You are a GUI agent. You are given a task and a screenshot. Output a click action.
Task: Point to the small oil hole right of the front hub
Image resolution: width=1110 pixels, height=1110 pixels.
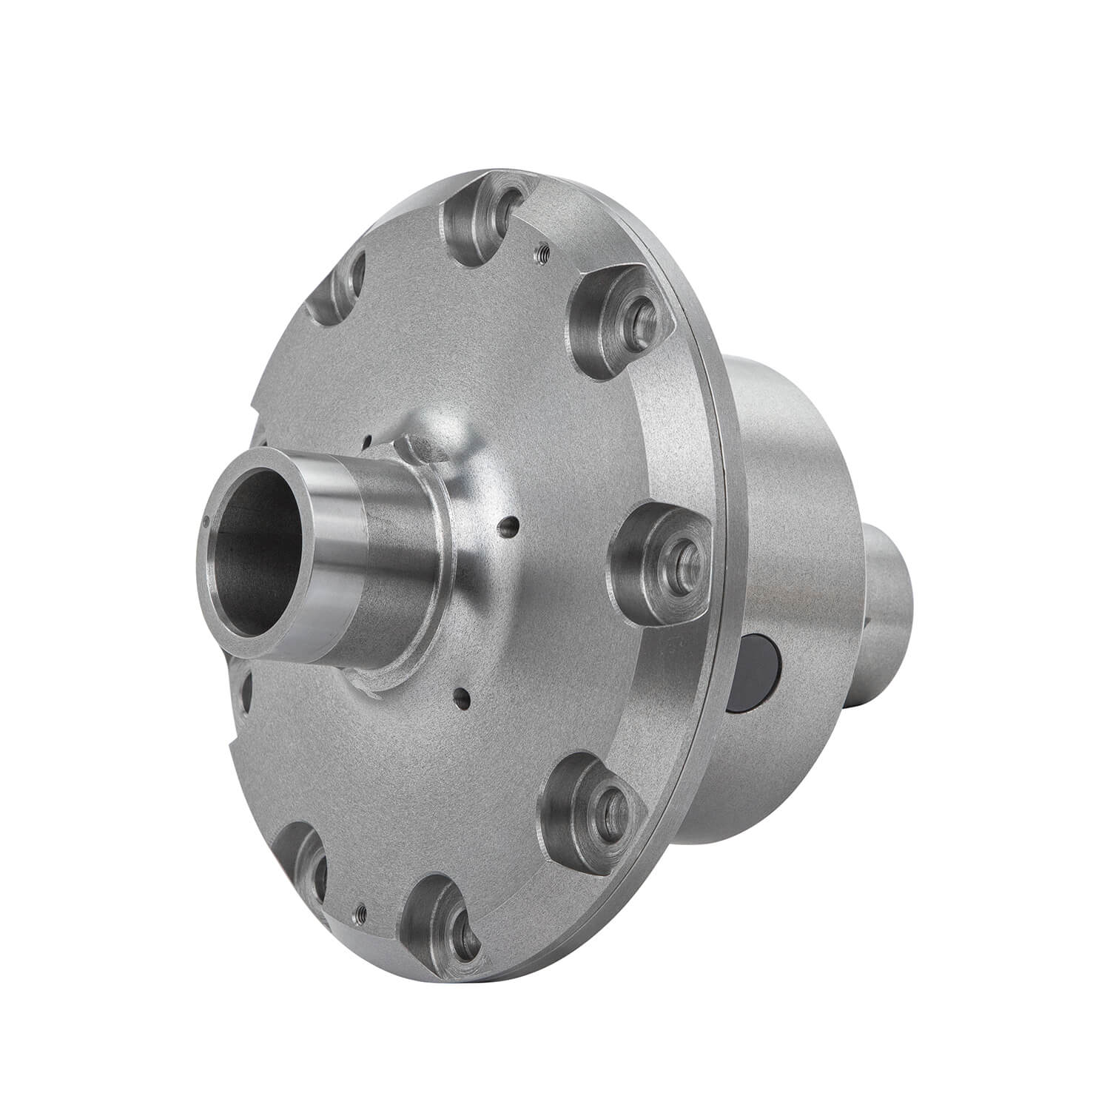coord(506,528)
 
